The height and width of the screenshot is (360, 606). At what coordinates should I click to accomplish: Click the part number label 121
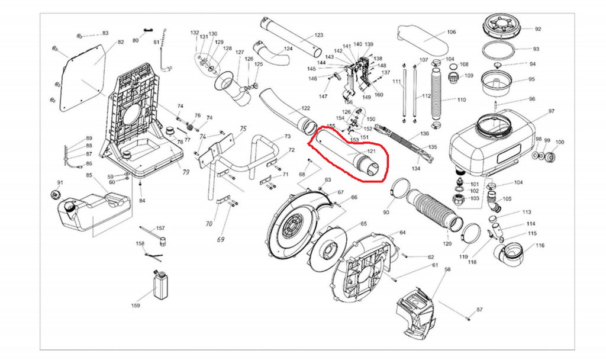tap(372, 152)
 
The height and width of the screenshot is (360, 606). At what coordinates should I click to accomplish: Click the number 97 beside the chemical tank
tap(552, 111)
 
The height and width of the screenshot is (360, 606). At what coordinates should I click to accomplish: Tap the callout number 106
tap(451, 32)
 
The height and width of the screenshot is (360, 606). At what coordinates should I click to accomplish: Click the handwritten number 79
tap(185, 172)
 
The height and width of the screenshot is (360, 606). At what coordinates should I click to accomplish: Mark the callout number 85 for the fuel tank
tap(89, 175)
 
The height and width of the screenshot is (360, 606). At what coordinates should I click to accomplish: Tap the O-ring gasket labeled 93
tap(504, 49)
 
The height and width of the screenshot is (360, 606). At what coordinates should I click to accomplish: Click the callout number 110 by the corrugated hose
tap(462, 99)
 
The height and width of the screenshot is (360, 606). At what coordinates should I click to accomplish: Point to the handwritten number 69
tap(220, 239)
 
